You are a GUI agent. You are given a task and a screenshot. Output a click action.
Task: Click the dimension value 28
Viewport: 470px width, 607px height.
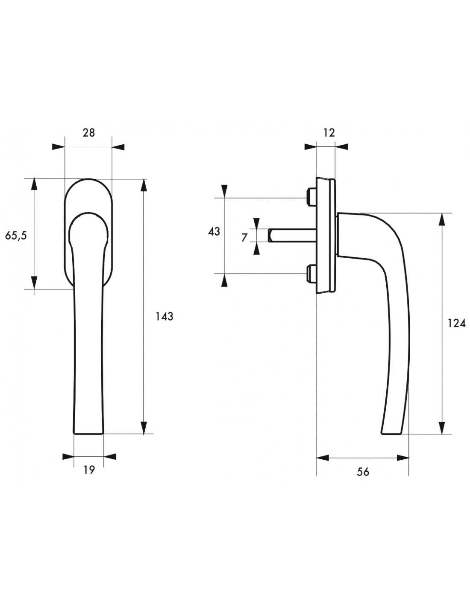click(x=88, y=133)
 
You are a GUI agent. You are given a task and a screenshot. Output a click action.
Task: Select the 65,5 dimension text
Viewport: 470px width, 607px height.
click(x=16, y=236)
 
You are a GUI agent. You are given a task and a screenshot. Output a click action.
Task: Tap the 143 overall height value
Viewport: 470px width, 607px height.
click(x=164, y=316)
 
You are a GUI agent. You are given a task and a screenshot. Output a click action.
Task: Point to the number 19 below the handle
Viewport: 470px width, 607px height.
click(x=89, y=470)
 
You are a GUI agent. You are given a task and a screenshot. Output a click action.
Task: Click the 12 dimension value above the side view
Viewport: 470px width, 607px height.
click(x=329, y=133)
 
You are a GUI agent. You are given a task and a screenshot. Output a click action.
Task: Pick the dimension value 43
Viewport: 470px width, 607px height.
click(x=214, y=231)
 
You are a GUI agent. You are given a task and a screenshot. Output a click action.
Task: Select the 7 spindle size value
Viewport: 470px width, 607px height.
click(x=244, y=238)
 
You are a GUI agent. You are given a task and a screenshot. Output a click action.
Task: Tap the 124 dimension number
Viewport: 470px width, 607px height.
click(x=457, y=323)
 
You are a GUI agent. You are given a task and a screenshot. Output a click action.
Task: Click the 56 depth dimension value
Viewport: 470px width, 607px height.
click(x=363, y=472)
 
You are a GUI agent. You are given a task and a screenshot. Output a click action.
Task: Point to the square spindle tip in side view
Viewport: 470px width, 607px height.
click(x=270, y=235)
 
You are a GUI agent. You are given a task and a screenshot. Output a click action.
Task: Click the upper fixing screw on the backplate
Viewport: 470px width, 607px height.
click(x=311, y=197)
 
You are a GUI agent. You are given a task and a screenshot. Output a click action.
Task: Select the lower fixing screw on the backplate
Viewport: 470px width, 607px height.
click(x=311, y=274)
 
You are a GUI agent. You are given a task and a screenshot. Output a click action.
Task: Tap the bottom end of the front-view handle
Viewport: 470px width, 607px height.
click(x=88, y=434)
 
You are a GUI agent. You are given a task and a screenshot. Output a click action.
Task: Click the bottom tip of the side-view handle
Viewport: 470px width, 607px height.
click(x=391, y=434)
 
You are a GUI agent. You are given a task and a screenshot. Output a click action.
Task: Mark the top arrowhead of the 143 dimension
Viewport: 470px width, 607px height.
click(x=144, y=185)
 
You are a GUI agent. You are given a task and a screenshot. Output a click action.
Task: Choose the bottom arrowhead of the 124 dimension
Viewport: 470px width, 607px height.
click(x=441, y=427)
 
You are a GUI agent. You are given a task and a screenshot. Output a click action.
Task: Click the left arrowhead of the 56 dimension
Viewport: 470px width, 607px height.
click(x=323, y=458)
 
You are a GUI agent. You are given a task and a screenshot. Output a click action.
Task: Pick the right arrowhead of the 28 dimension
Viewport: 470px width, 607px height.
click(x=118, y=147)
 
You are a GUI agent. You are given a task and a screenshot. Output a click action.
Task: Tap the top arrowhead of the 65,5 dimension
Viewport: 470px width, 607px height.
click(x=34, y=184)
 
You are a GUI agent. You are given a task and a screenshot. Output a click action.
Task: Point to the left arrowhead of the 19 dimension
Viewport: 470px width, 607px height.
click(x=68, y=457)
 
